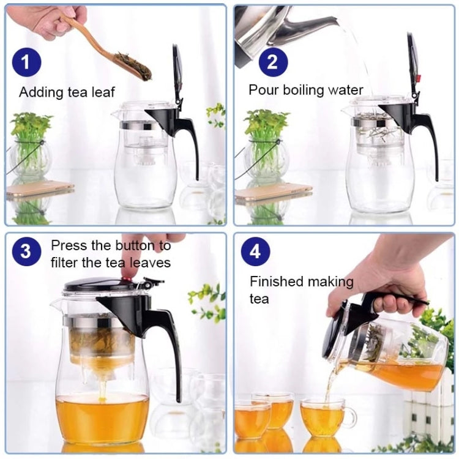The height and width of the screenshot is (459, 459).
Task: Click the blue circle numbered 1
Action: (26, 63)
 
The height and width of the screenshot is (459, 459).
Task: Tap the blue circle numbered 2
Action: (273, 62)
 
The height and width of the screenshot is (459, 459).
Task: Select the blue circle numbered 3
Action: (26, 252)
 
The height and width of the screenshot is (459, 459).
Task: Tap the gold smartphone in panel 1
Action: (40, 188)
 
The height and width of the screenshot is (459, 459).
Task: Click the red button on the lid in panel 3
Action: (129, 279)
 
